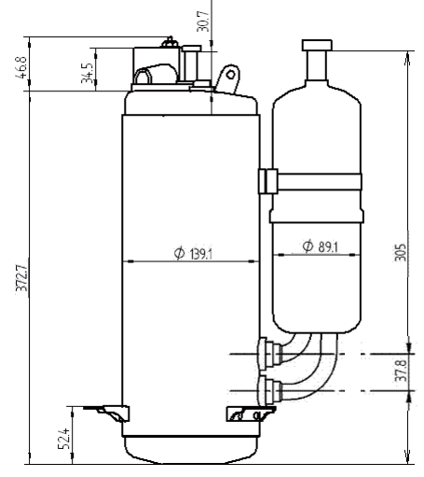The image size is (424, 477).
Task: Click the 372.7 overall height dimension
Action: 22,277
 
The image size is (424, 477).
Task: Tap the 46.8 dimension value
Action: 21,67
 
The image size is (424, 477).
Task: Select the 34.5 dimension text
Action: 88,74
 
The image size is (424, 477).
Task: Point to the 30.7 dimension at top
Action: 203,21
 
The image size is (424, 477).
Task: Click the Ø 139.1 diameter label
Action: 193,254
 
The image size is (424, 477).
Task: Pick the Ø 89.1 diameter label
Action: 321,246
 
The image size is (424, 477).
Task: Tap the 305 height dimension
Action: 400,252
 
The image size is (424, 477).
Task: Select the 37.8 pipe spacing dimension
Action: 401,371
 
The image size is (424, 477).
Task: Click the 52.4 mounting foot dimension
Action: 64,439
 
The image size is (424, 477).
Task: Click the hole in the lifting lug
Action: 231,75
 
